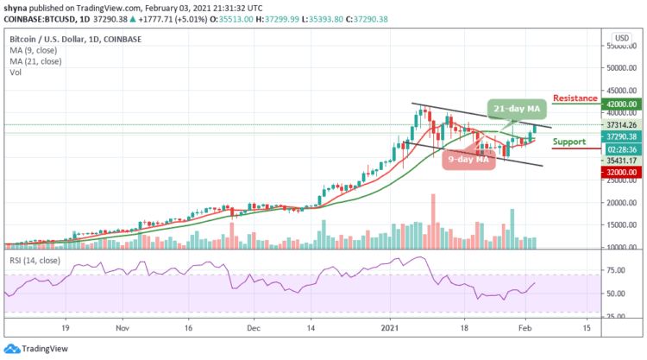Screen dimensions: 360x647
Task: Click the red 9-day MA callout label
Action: [x=468, y=159]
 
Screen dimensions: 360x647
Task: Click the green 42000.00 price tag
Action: [x=620, y=104]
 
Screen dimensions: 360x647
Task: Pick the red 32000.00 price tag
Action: [x=620, y=172]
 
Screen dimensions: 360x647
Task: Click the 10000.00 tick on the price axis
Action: [x=621, y=248]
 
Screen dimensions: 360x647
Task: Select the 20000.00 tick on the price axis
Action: [x=621, y=203]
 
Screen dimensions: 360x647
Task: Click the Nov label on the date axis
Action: [x=122, y=328]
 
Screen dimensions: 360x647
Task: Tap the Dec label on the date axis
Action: [x=253, y=328]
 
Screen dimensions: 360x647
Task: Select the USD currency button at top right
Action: [x=619, y=37]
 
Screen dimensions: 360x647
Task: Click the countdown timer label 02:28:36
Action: [x=620, y=148]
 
